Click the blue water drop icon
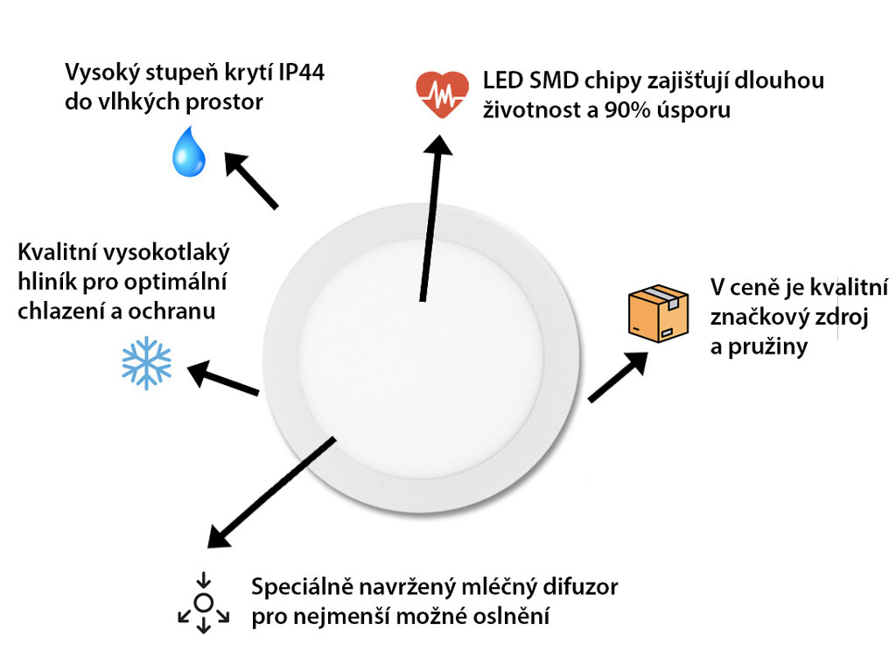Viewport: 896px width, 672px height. coord(189,151)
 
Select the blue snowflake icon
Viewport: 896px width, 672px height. coord(147,363)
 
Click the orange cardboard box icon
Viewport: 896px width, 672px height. coord(658,314)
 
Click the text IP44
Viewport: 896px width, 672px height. coord(302,73)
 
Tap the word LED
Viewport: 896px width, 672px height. coord(502,80)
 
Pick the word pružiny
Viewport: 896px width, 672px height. coord(767,346)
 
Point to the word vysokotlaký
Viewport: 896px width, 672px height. coord(168,252)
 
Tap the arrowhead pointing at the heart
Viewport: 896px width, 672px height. coord(439,144)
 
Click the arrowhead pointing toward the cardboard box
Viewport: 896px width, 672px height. coord(636,363)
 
